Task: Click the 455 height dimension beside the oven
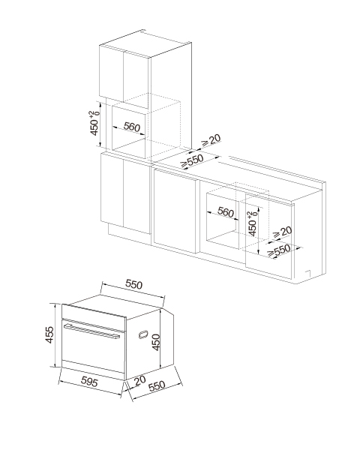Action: point(49,334)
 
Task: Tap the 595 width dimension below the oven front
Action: point(89,382)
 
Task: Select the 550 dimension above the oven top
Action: point(133,284)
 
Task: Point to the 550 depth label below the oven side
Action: point(157,385)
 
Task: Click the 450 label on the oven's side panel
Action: point(156,342)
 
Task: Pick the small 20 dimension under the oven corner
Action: point(139,380)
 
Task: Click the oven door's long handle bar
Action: point(91,331)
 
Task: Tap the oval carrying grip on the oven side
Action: point(143,334)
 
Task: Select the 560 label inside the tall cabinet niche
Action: point(131,127)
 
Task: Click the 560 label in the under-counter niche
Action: point(226,211)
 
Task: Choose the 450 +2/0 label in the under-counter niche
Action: point(253,223)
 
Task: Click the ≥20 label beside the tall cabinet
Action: point(211,140)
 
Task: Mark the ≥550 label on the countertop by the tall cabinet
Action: point(192,161)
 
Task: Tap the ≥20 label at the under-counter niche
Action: point(282,232)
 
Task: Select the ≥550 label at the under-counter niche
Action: point(279,251)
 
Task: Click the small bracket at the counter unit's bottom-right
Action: point(307,273)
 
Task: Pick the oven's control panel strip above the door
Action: point(94,312)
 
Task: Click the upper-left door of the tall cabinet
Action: point(112,73)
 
